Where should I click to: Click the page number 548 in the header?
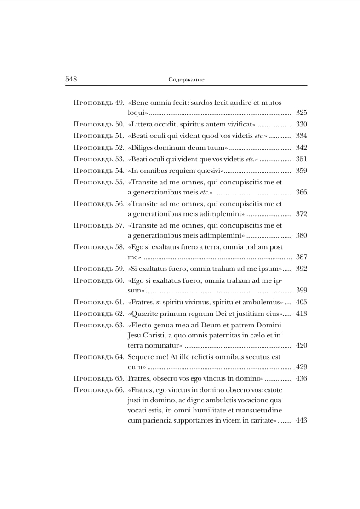[x=71, y=79]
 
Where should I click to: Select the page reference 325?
[x=301, y=113]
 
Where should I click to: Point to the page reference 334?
[x=301, y=136]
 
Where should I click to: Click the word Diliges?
[x=143, y=148]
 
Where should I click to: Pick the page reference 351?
[x=301, y=159]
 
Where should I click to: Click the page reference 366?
[x=301, y=192]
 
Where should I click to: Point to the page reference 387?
[x=301, y=257]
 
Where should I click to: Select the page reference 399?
[x=301, y=290]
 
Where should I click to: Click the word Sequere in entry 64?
[x=141, y=356]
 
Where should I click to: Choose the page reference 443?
[x=301, y=420]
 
